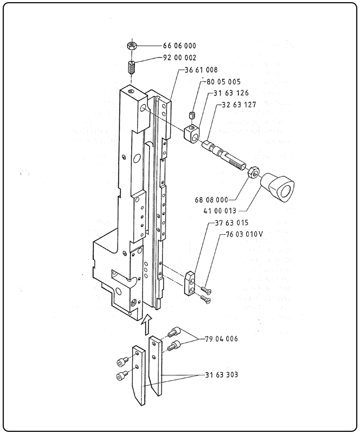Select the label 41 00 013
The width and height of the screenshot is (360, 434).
coord(220,210)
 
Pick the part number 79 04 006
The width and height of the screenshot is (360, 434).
coord(221,339)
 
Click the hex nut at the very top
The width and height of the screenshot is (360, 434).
coord(131,46)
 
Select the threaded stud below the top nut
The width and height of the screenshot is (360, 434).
coord(132,69)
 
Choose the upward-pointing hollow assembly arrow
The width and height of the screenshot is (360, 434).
coord(146,324)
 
